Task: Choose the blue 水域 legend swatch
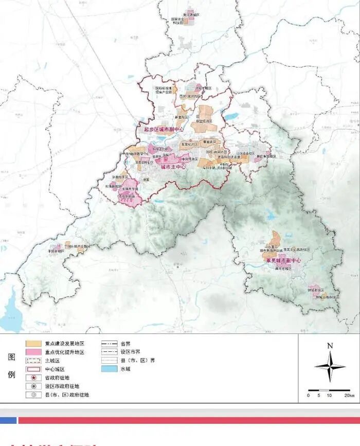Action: [x=109, y=369]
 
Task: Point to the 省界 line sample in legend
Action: [x=109, y=343]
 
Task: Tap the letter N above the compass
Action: [x=330, y=346]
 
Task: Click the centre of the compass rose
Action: [x=330, y=366]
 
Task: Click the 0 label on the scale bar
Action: [x=309, y=395]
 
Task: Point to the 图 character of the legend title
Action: [x=11, y=356]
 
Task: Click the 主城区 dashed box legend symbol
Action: [x=32, y=361]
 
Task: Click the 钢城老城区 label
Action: [x=316, y=290]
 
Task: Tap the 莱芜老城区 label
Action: [x=283, y=269]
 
